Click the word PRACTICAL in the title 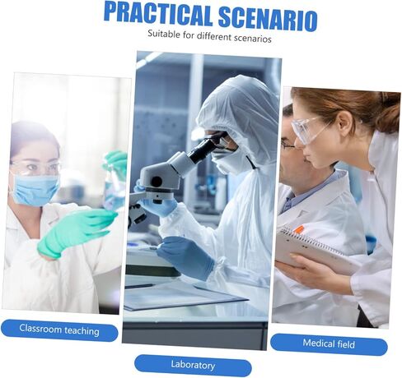click(x=158, y=14)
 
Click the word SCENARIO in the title click(x=268, y=19)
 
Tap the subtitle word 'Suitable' click(x=164, y=35)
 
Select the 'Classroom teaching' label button click(x=59, y=330)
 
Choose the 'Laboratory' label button click(x=193, y=365)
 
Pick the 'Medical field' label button click(x=329, y=344)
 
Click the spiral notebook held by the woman click(x=316, y=249)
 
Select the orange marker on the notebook click(x=299, y=229)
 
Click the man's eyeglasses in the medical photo click(x=287, y=145)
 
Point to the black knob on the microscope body click(x=157, y=182)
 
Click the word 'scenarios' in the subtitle click(x=253, y=39)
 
